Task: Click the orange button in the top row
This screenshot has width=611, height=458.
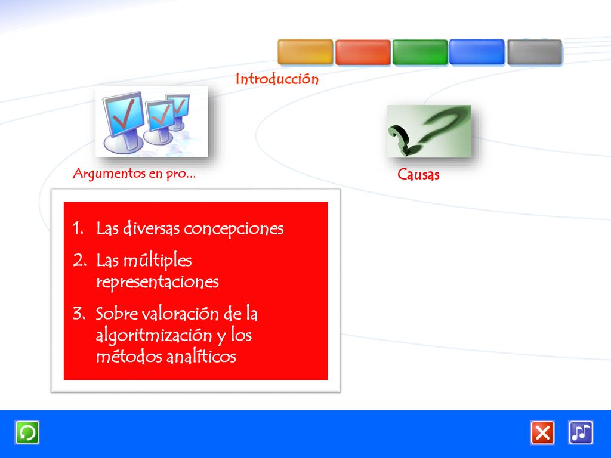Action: pyautogui.click(x=305, y=52)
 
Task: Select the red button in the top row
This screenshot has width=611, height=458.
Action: pyautogui.click(x=363, y=52)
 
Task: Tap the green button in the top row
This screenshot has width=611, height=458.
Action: pyautogui.click(x=420, y=52)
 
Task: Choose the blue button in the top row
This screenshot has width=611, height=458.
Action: pyautogui.click(x=477, y=52)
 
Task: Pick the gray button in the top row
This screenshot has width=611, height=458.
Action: pyautogui.click(x=534, y=52)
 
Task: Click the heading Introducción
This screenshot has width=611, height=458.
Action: pyautogui.click(x=277, y=79)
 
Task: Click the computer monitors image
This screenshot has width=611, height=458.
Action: pyautogui.click(x=152, y=122)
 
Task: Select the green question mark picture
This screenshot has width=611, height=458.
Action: pyautogui.click(x=428, y=131)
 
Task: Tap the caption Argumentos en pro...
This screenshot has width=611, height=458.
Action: pyautogui.click(x=134, y=174)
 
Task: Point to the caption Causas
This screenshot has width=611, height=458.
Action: pyautogui.click(x=418, y=174)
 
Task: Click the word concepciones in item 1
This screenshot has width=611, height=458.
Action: pyautogui.click(x=234, y=228)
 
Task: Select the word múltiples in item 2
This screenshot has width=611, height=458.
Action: pyautogui.click(x=158, y=261)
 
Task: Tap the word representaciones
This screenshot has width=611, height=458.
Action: pyautogui.click(x=158, y=282)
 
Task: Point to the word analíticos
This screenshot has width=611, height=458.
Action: pyautogui.click(x=202, y=356)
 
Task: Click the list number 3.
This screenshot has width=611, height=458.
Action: pyautogui.click(x=79, y=314)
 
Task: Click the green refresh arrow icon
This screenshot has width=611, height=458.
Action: pyautogui.click(x=27, y=432)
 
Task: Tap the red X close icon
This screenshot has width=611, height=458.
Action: pyautogui.click(x=542, y=432)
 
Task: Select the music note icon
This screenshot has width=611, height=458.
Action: pyautogui.click(x=581, y=432)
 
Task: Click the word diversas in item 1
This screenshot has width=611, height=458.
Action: pyautogui.click(x=152, y=228)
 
